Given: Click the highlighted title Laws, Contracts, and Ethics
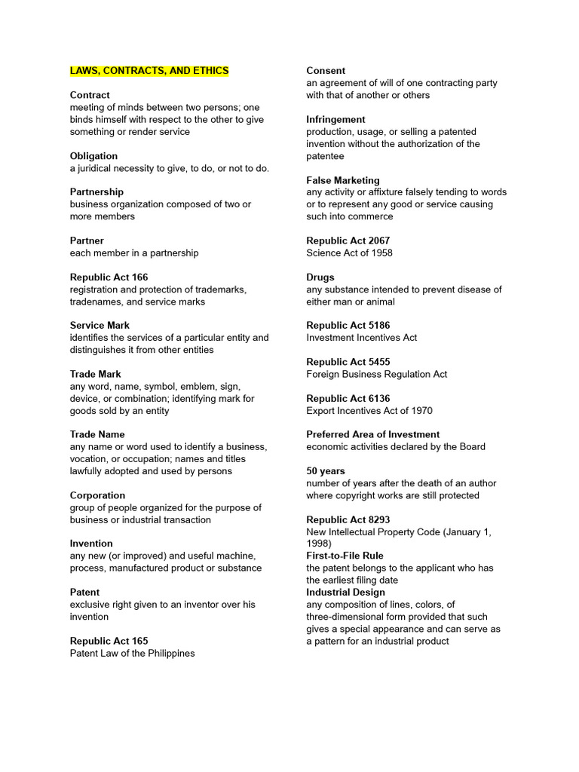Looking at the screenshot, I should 149,71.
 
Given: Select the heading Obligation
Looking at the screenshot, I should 94,156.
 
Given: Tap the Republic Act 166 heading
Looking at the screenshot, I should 109,277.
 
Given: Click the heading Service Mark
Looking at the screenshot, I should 100,326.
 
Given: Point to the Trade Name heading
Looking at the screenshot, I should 97,434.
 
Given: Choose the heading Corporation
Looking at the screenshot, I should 97,495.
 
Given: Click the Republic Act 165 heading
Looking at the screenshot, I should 109,641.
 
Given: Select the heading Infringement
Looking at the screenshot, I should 335,119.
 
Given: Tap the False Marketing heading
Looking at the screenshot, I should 343,180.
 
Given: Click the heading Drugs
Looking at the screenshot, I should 320,277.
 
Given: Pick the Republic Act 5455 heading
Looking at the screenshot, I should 348,362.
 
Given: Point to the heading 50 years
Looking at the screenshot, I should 326,471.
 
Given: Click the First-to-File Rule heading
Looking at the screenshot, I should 345,556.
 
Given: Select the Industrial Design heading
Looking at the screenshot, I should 345,593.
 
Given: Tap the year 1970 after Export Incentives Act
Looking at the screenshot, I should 420,411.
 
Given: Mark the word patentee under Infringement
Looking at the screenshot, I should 325,156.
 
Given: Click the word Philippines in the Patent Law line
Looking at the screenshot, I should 170,654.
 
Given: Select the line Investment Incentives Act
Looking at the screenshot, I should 361,338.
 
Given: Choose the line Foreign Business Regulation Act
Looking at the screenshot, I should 376,374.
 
